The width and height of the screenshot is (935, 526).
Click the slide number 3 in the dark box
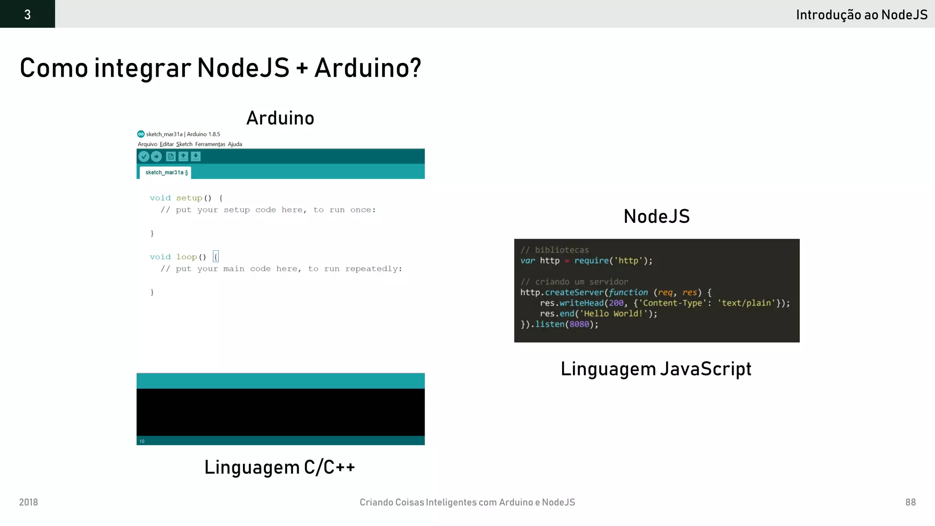pyautogui.click(x=27, y=15)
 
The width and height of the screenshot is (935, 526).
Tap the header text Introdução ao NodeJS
pyautogui.click(x=861, y=15)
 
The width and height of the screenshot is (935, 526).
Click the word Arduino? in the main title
pyautogui.click(x=368, y=68)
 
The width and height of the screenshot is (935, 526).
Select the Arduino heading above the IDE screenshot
pyautogui.click(x=280, y=118)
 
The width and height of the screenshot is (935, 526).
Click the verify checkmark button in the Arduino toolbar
pyautogui.click(x=144, y=157)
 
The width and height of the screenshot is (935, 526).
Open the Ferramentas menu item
pyautogui.click(x=210, y=144)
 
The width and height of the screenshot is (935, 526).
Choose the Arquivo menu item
pyautogui.click(x=147, y=144)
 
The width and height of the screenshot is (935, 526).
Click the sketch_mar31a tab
pyautogui.click(x=166, y=173)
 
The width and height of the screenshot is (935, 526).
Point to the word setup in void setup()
pyautogui.click(x=189, y=198)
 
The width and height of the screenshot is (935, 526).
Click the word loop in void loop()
pyautogui.click(x=186, y=257)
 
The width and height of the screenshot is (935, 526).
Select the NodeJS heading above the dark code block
pyautogui.click(x=657, y=216)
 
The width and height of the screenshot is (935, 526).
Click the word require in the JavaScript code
pyautogui.click(x=591, y=261)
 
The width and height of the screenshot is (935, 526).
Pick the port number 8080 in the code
pyautogui.click(x=579, y=324)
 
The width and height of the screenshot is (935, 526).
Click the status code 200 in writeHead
pyautogui.click(x=616, y=303)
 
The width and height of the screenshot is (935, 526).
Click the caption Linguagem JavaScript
pyautogui.click(x=656, y=369)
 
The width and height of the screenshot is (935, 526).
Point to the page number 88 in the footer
pyautogui.click(x=910, y=502)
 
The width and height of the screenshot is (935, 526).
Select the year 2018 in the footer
pyautogui.click(x=28, y=502)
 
